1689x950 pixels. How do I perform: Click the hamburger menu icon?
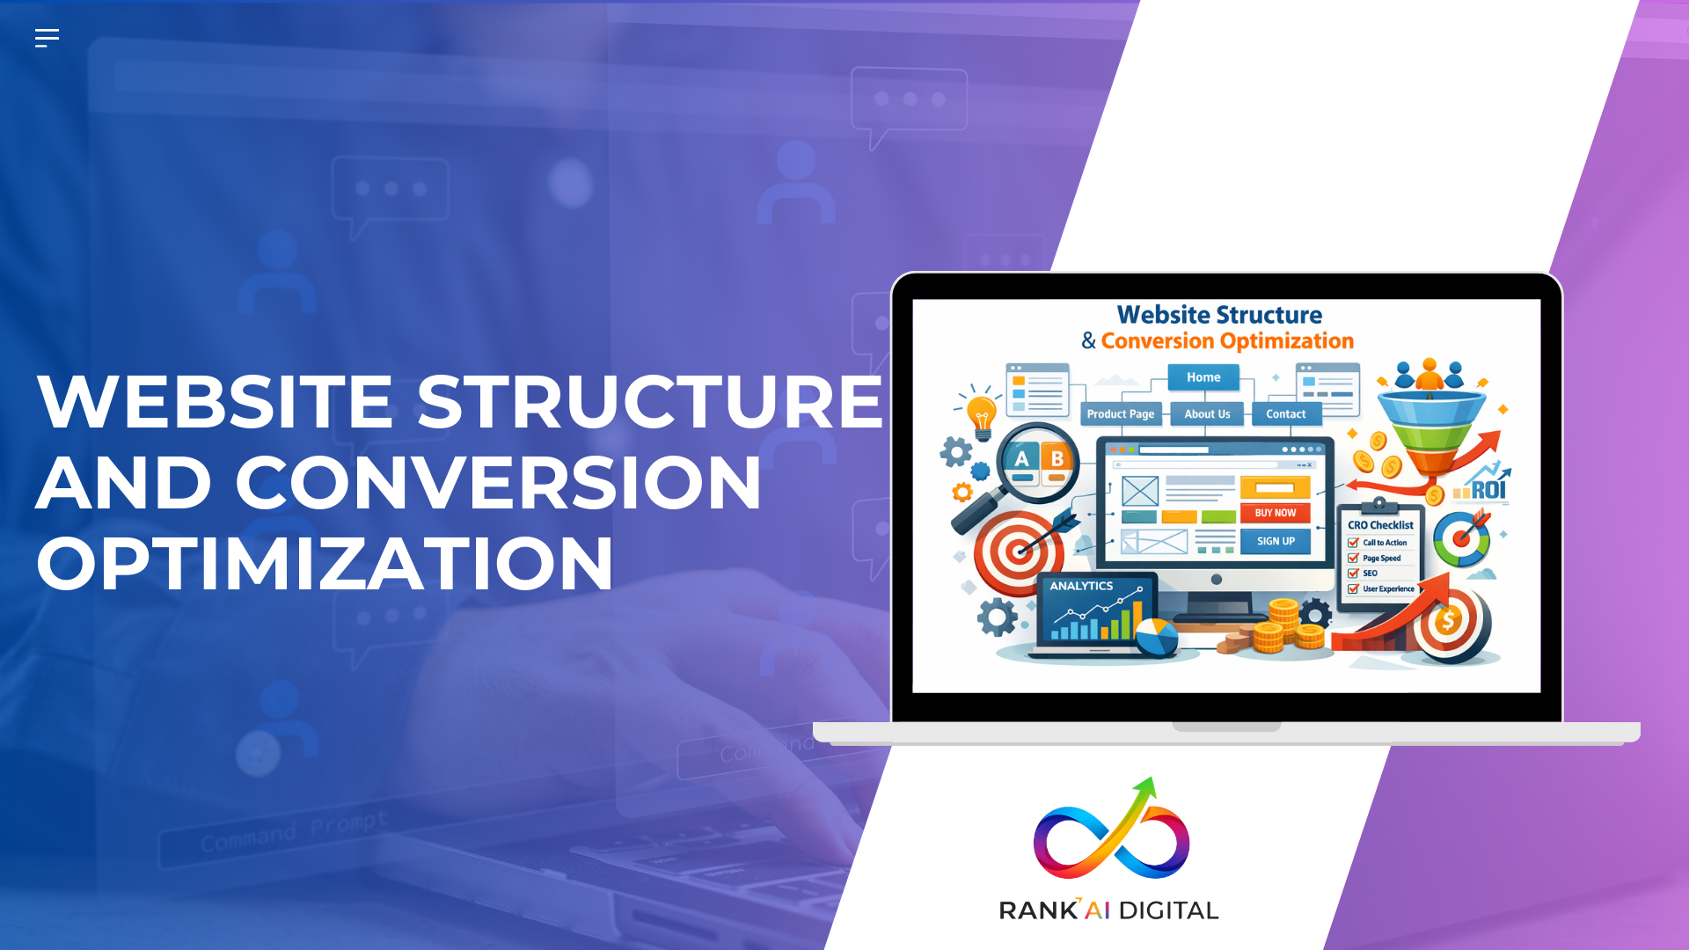(x=47, y=38)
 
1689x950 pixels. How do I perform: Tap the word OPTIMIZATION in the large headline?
(x=325, y=564)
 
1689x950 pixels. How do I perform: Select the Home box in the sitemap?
(x=1203, y=377)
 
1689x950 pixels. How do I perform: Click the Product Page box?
(x=1120, y=414)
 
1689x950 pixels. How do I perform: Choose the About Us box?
(x=1207, y=414)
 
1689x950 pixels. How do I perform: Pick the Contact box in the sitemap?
(x=1285, y=414)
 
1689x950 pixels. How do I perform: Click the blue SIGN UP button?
(x=1276, y=542)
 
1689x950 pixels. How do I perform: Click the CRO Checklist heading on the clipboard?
(x=1380, y=525)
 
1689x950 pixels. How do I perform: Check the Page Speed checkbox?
(x=1353, y=559)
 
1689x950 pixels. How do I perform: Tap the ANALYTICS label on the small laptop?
(x=1081, y=586)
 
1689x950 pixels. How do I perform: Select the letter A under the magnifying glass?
(x=1021, y=459)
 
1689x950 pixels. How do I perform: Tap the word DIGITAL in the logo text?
(x=1168, y=910)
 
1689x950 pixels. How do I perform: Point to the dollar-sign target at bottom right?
(x=1449, y=623)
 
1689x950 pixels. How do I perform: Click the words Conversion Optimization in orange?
(x=1227, y=341)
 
